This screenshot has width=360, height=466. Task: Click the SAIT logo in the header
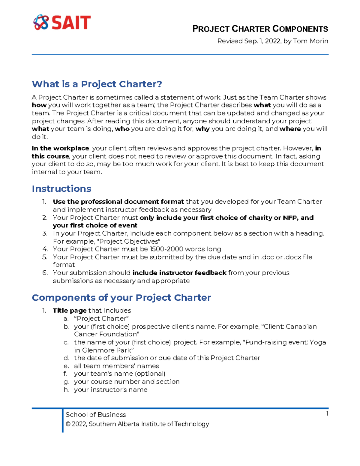pos(62,23)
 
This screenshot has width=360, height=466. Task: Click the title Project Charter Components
pos(260,29)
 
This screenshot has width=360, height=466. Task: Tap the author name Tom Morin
pos(310,41)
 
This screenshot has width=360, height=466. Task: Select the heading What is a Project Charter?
pos(97,84)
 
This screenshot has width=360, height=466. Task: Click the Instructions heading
pos(61,189)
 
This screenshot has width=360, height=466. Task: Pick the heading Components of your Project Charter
pos(121,298)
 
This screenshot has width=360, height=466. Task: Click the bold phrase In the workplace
pos(60,148)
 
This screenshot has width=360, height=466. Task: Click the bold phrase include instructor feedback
pos(179,273)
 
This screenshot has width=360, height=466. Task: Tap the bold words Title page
pos(70,311)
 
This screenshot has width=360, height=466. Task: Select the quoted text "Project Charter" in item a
pos(101,318)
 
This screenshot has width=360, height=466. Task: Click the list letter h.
pos(66,390)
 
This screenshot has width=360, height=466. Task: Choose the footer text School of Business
pos(96,415)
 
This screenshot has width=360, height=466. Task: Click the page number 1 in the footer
pos(327,413)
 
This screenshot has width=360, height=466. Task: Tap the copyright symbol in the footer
pos(68,424)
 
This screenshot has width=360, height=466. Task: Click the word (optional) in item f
pos(150,374)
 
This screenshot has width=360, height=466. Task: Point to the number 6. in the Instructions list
pos(45,273)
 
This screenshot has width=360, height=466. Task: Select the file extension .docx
pos(293,257)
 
